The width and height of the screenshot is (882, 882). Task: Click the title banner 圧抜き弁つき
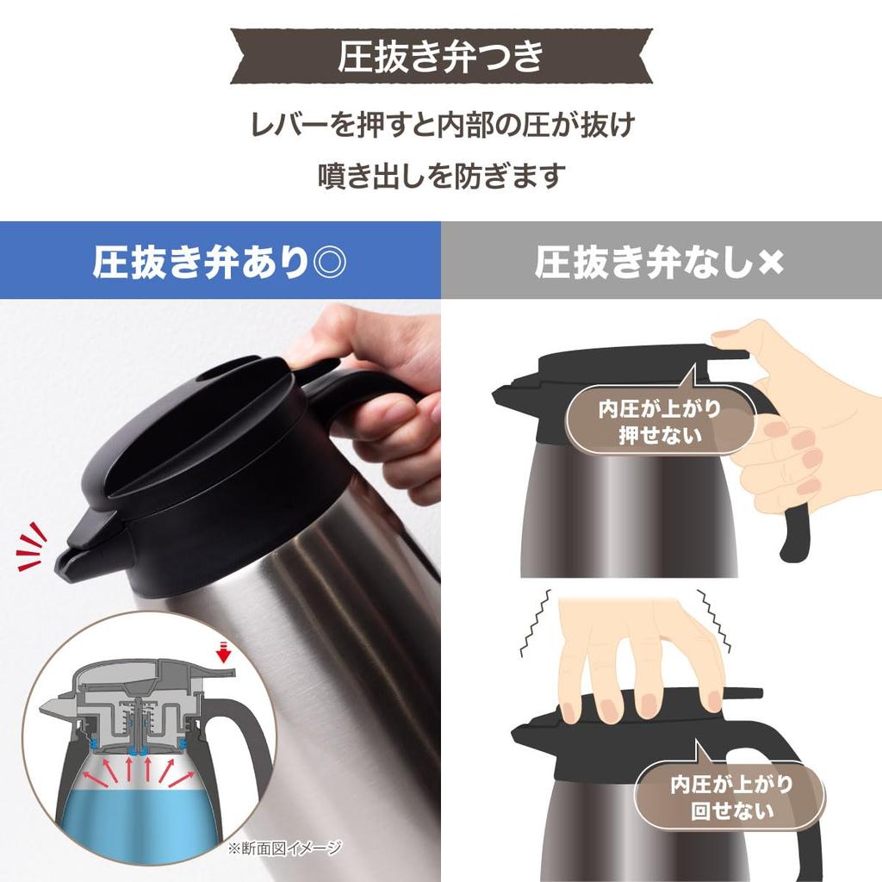click(x=440, y=56)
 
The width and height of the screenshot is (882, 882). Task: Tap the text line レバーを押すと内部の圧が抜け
click(x=440, y=126)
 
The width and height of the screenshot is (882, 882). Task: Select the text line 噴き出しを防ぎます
click(x=440, y=176)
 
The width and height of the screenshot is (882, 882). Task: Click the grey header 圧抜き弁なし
click(x=643, y=262)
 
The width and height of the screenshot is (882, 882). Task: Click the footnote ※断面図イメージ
click(x=285, y=848)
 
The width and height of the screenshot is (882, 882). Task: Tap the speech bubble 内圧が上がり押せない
click(x=660, y=421)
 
